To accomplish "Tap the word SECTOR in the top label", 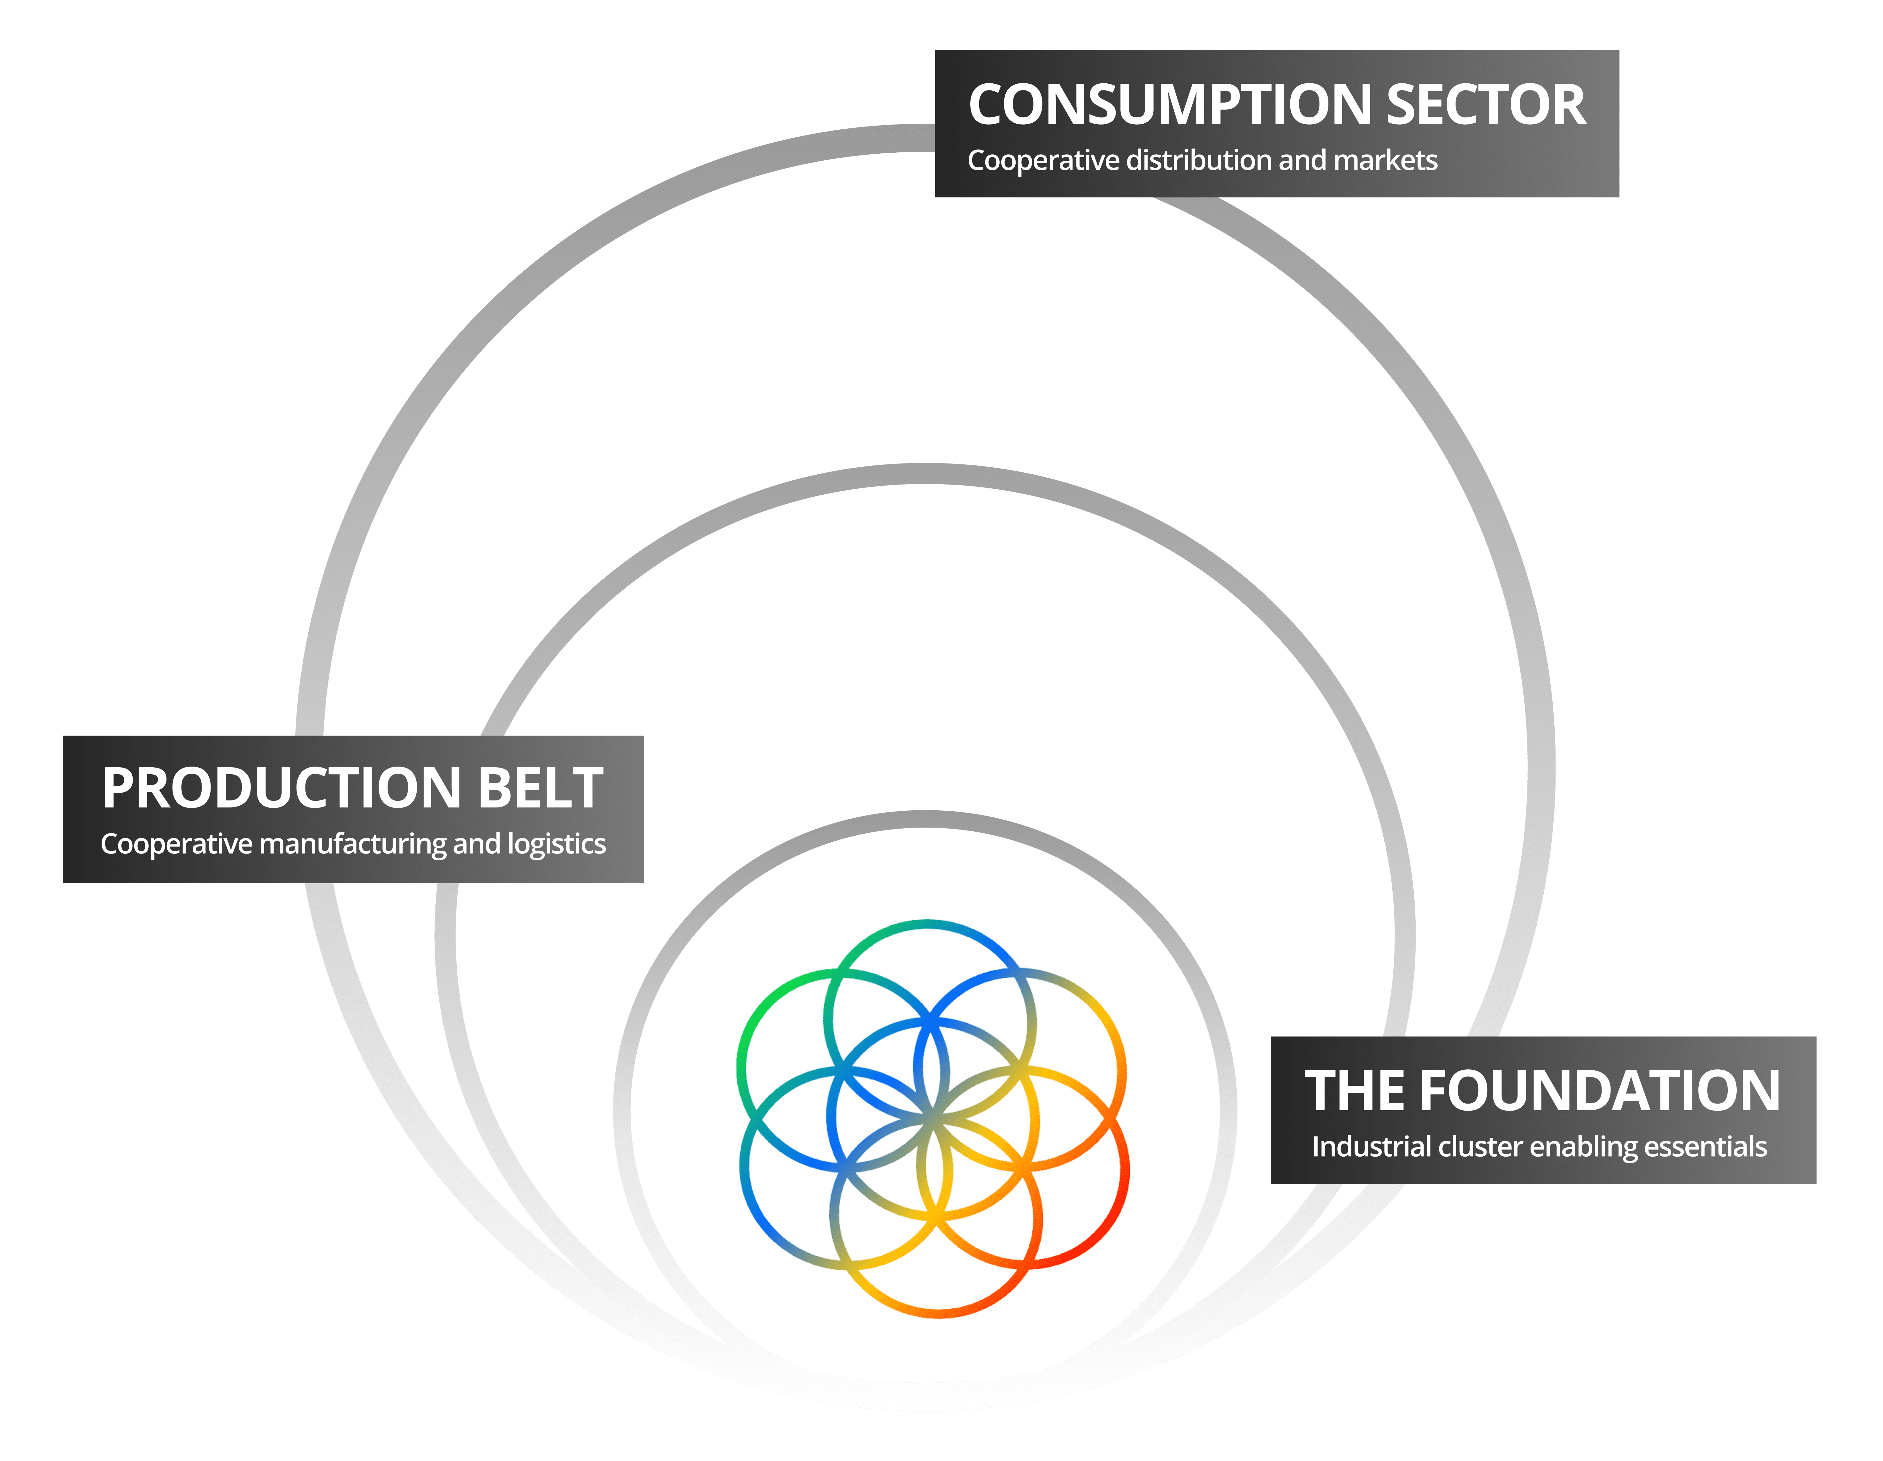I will [x=1486, y=105].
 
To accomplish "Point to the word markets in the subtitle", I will [x=1386, y=160].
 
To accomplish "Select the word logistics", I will [x=556, y=844].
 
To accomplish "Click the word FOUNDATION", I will [x=1599, y=1091].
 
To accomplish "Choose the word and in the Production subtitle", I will [x=476, y=844].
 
